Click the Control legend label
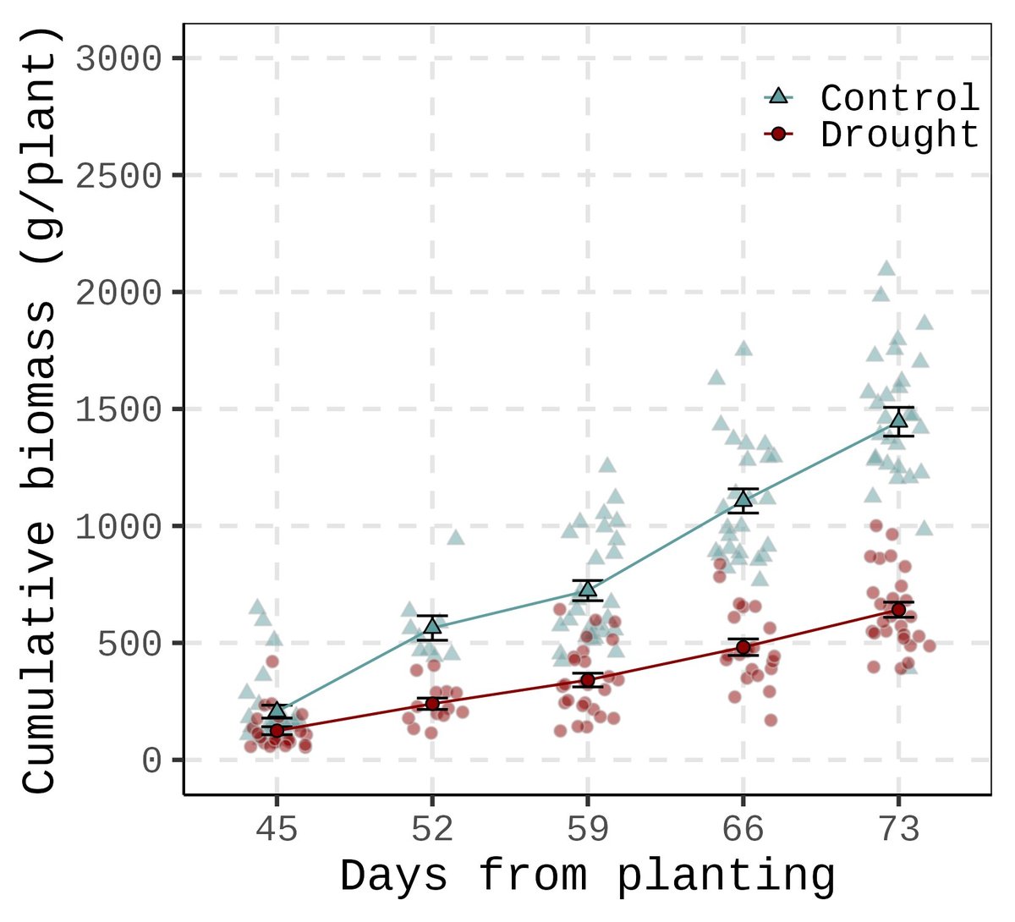point(900,98)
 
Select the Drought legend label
point(900,135)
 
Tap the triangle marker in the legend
point(778,96)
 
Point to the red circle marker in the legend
point(778,134)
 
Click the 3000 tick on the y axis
point(118,59)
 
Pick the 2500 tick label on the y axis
point(118,176)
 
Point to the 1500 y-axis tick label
point(118,410)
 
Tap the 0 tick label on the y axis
point(151,761)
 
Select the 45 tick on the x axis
point(277,831)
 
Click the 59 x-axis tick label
point(587,831)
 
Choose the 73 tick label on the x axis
point(898,831)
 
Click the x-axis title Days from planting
point(587,876)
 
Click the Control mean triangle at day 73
point(898,420)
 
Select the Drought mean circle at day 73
point(898,610)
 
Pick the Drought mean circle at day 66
point(743,647)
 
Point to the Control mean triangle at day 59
point(587,590)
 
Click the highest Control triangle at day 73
point(886,269)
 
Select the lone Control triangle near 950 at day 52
point(456,537)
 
